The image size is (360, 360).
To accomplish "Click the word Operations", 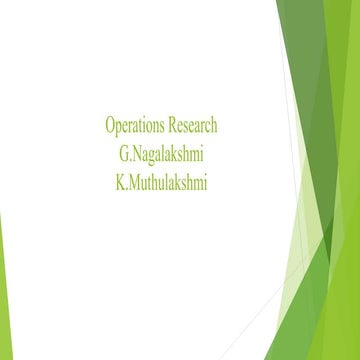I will (x=135, y=126).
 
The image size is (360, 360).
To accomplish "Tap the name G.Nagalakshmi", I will (x=162, y=155).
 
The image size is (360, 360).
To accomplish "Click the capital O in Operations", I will (x=110, y=126).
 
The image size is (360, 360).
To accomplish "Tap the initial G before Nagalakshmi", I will (x=122, y=155).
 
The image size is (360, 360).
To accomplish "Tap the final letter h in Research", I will (x=214, y=126).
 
